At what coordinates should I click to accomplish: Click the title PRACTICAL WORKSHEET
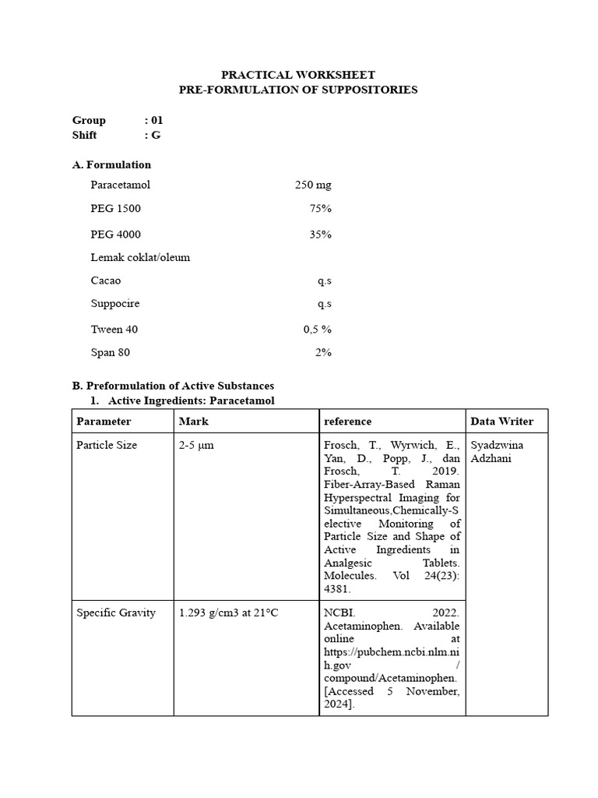click(x=298, y=75)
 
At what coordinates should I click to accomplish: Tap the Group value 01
click(x=156, y=120)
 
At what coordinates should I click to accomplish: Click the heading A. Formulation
click(x=111, y=164)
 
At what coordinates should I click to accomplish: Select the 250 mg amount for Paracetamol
click(x=313, y=185)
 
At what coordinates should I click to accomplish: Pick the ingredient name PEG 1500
click(x=115, y=209)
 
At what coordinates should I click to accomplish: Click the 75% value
click(x=320, y=209)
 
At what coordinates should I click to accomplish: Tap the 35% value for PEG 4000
click(x=320, y=234)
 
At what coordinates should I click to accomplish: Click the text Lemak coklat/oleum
click(x=140, y=257)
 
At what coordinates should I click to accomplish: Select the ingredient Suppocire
click(x=115, y=303)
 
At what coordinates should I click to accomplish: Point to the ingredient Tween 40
click(x=114, y=330)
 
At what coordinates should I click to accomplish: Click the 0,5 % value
click(x=317, y=330)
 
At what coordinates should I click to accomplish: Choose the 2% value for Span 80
click(x=323, y=352)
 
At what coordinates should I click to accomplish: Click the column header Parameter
click(x=104, y=422)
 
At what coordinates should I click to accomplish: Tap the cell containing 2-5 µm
click(x=196, y=445)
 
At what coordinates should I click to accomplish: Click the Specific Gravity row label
click(x=116, y=613)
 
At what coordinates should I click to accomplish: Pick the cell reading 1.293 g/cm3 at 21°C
click(x=228, y=613)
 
